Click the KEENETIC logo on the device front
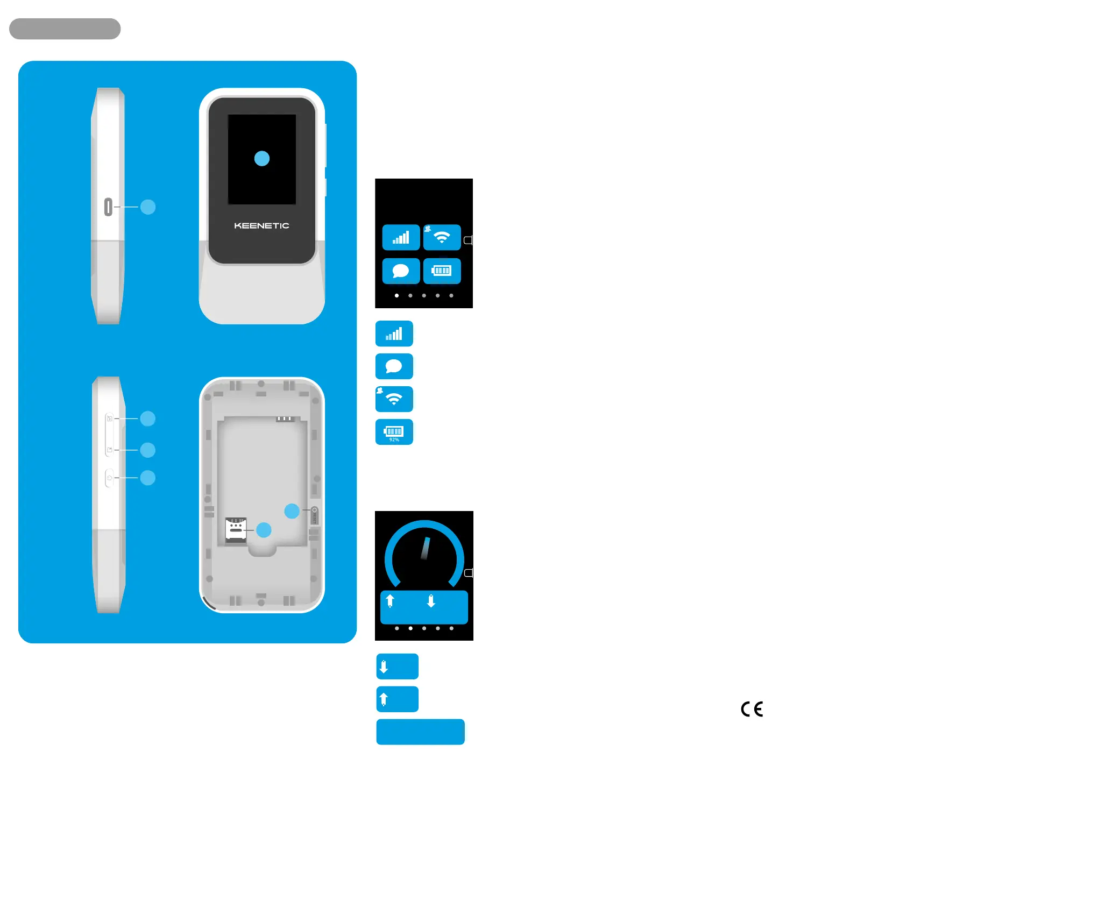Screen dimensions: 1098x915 click(261, 226)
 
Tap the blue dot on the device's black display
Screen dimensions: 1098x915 click(262, 159)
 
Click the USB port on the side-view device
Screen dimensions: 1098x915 click(108, 207)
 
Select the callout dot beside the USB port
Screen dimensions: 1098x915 click(148, 207)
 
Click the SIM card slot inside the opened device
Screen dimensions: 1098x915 click(236, 530)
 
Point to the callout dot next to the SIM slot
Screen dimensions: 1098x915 click(264, 530)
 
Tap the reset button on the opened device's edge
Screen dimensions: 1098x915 click(315, 515)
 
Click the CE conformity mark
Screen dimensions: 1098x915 click(752, 709)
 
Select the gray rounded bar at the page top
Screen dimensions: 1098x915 click(65, 29)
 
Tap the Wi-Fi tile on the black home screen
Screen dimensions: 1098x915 click(442, 237)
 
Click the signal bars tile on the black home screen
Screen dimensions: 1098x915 click(401, 237)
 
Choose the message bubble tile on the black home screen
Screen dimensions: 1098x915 click(401, 271)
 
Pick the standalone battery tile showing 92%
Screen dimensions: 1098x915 click(394, 432)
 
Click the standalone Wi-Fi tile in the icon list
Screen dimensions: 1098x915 click(394, 399)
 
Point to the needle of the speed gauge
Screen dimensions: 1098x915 click(425, 548)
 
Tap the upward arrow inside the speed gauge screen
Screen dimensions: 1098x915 click(390, 601)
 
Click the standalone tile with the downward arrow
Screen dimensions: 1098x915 click(397, 666)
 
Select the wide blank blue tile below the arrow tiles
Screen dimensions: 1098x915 click(420, 732)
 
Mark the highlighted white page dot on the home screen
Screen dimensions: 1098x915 click(396, 295)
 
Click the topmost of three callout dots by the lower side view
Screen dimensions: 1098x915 click(148, 419)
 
